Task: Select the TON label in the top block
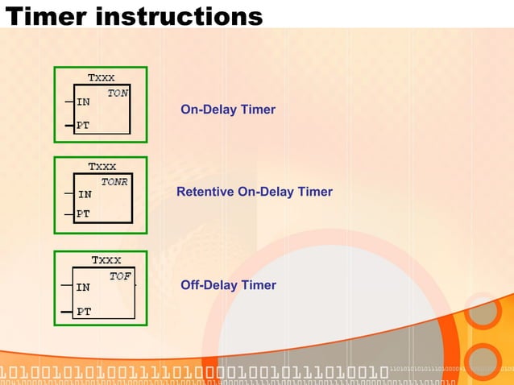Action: tap(118, 93)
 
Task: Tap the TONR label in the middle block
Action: tap(114, 182)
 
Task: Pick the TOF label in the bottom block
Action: tap(120, 276)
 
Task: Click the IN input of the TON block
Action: tap(83, 102)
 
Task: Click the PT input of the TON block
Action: tap(83, 126)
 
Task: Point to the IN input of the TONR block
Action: tap(84, 194)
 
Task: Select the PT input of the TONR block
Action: tap(83, 214)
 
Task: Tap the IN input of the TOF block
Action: tap(82, 287)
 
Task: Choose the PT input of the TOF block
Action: tap(83, 311)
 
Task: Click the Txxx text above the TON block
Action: tap(101, 78)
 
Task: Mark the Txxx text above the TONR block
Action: tap(102, 167)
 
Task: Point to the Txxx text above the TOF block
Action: tap(106, 260)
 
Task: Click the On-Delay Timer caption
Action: tap(228, 110)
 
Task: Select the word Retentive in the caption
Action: tap(205, 192)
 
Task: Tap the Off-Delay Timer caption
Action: tap(228, 285)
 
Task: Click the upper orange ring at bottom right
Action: tap(483, 313)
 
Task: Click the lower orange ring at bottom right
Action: tap(483, 362)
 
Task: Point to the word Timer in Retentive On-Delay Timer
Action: tap(315, 192)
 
